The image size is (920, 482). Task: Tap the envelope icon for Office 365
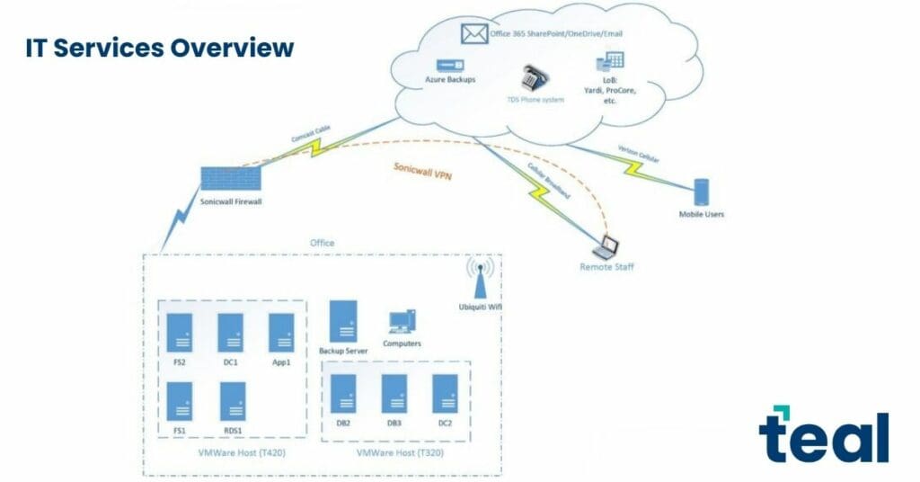tap(473, 34)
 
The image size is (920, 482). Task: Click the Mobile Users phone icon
tap(702, 192)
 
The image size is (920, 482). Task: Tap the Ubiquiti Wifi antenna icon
tap(478, 281)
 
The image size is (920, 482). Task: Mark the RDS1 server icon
tap(233, 401)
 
